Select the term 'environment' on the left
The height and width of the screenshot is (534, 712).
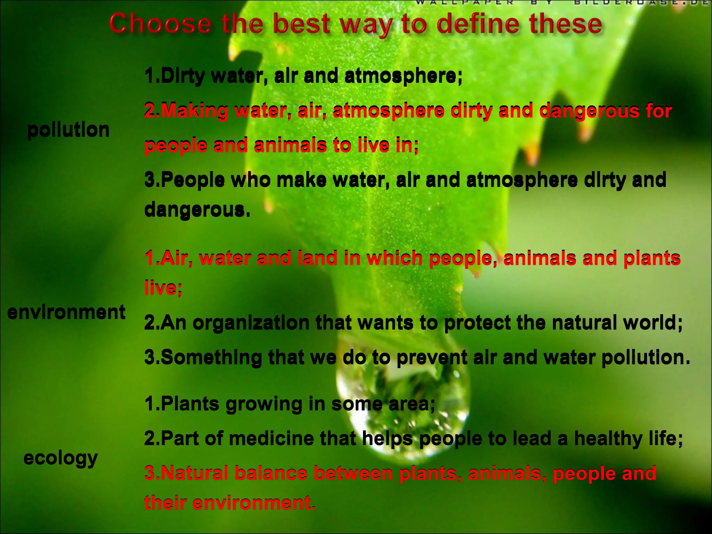point(66,312)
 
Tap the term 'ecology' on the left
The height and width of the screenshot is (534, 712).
point(61,458)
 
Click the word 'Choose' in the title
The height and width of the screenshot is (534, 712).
point(160,24)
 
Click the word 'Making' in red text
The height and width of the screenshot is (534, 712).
point(195,111)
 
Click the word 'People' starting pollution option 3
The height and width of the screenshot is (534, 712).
point(193,180)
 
